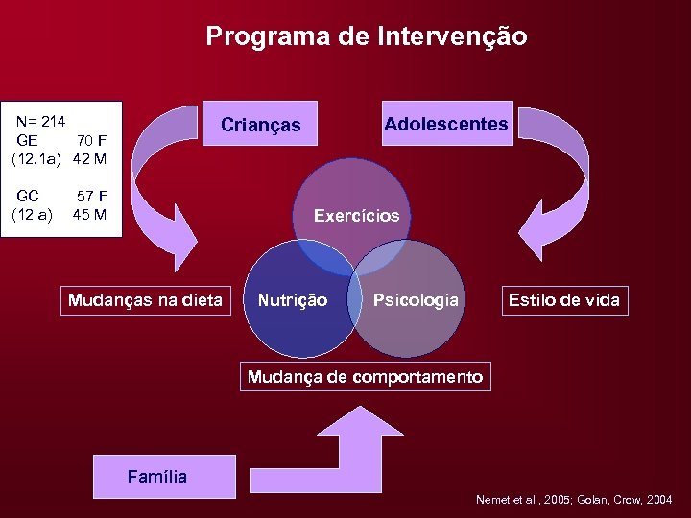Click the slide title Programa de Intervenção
click(366, 37)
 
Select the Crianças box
click(260, 125)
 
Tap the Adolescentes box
click(446, 124)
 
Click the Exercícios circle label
click(356, 216)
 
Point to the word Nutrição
click(293, 300)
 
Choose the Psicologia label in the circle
click(416, 300)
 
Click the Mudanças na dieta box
click(145, 300)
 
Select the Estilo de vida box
click(563, 300)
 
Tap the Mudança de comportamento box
click(365, 377)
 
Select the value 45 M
click(89, 214)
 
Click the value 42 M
click(89, 158)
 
